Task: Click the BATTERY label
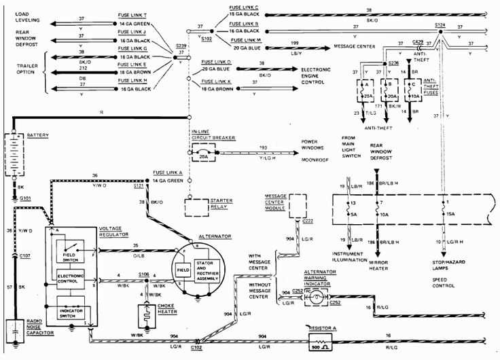(x=37, y=136)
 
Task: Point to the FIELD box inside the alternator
(x=183, y=269)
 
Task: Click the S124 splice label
(x=440, y=24)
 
